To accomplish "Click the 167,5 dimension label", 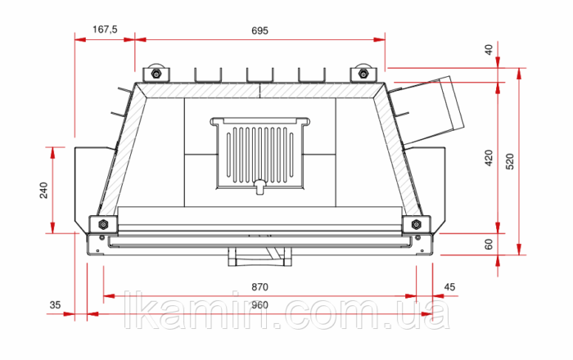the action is point(105,29).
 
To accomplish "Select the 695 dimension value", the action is point(259,30).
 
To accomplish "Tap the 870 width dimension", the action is point(259,287).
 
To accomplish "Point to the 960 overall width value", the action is point(259,305).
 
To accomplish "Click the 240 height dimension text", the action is point(43,190).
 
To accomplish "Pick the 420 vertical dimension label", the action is point(489,158).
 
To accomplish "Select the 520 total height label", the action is point(510,162).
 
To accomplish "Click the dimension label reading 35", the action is point(55,305).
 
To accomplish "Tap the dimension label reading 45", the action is point(450,287).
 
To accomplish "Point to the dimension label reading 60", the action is point(489,245).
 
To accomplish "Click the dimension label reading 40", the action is point(489,49).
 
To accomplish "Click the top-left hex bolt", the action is point(156,74).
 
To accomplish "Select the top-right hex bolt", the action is point(363,74).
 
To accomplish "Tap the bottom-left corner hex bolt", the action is point(103,224).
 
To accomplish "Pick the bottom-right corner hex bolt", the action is point(416,224).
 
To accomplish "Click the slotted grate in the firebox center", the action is point(259,153).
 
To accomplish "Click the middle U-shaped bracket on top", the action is point(259,74).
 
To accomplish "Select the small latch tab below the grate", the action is point(259,187).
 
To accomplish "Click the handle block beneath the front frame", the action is point(259,257).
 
